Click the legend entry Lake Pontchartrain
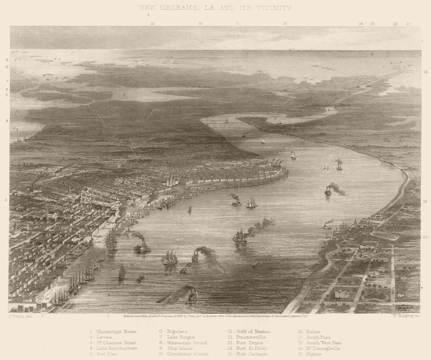(x=117, y=348)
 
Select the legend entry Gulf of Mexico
(x=254, y=331)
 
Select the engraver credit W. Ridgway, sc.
(x=406, y=316)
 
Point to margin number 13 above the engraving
(x=285, y=24)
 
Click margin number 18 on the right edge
(x=426, y=72)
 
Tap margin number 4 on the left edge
(x=7, y=120)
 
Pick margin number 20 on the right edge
(x=425, y=237)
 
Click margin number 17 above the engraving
(x=408, y=24)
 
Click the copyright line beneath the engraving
(x=215, y=315)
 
